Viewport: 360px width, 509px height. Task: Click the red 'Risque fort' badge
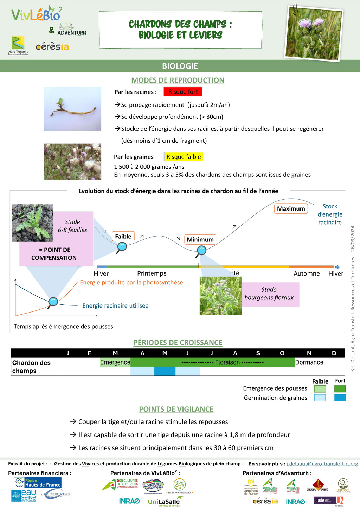(x=183, y=92)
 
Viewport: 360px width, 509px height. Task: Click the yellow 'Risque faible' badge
(x=184, y=157)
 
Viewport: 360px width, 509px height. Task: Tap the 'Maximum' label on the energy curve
(x=291, y=208)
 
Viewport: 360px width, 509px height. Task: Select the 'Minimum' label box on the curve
(x=200, y=240)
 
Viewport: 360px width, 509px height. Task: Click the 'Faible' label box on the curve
(x=123, y=237)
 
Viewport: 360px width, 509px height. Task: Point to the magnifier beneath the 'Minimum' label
(x=201, y=251)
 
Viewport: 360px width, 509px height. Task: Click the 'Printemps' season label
(x=152, y=273)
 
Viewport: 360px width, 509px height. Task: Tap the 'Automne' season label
(x=307, y=273)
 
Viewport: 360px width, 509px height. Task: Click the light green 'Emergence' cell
(x=115, y=362)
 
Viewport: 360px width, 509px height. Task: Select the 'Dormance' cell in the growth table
(x=309, y=362)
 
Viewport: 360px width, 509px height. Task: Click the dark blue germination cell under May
(x=165, y=371)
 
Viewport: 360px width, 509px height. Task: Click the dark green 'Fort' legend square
(x=340, y=389)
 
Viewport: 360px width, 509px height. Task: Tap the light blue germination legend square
(x=320, y=398)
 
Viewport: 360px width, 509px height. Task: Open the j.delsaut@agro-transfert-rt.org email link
(x=322, y=464)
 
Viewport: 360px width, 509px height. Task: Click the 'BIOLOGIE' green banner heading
(x=180, y=66)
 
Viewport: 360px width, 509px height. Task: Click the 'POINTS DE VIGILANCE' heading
(x=176, y=409)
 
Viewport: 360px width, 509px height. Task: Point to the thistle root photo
(x=72, y=109)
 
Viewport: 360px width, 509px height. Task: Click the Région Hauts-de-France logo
(x=38, y=483)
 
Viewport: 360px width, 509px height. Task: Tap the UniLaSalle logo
(x=164, y=502)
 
